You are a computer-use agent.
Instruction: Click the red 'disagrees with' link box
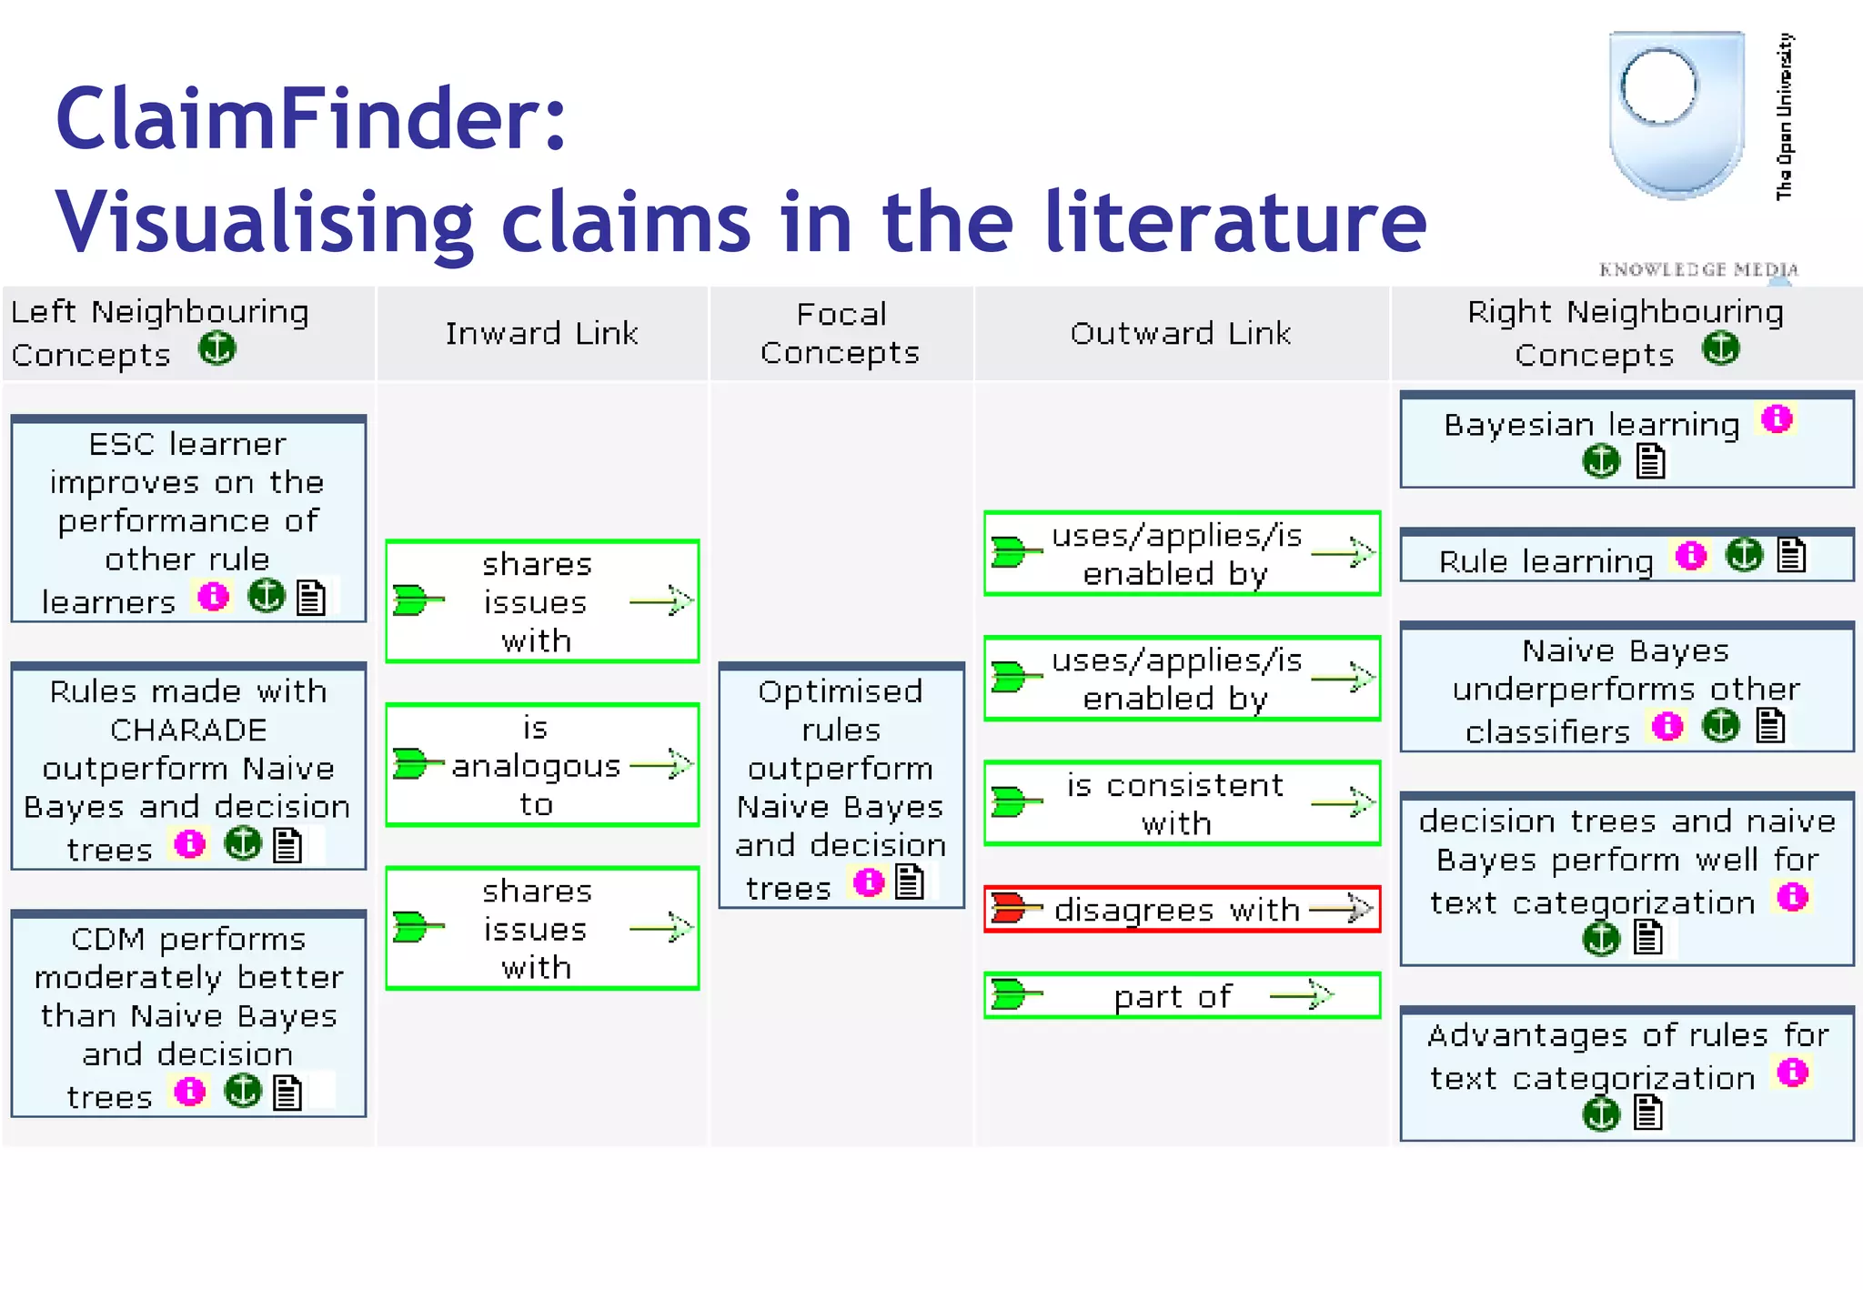[x=1181, y=909]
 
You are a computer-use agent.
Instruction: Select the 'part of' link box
[x=1181, y=995]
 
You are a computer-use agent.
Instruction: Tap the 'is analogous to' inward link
[x=541, y=765]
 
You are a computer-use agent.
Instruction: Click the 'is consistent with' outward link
[x=1181, y=803]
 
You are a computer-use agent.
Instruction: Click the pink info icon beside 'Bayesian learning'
[x=1777, y=419]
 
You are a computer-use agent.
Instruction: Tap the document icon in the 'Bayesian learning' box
[x=1650, y=461]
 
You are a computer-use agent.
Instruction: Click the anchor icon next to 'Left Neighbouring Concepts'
[x=217, y=348]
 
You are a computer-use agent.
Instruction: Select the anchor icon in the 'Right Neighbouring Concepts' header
[x=1720, y=348]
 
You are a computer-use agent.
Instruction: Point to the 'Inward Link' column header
[x=541, y=333]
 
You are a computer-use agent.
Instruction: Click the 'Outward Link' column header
[x=1181, y=333]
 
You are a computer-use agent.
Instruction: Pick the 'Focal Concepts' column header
[x=841, y=333]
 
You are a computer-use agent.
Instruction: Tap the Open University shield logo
[x=1676, y=114]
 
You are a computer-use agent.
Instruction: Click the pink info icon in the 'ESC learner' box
[x=214, y=597]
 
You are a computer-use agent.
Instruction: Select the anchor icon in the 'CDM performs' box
[x=243, y=1091]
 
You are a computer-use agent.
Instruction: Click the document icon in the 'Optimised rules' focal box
[x=909, y=882]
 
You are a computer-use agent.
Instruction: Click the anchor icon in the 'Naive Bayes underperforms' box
[x=1720, y=726]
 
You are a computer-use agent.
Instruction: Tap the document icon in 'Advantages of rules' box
[x=1648, y=1112]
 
